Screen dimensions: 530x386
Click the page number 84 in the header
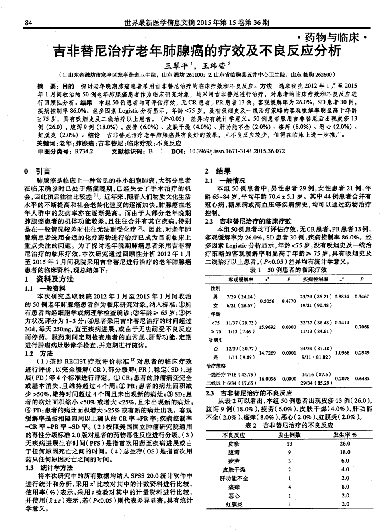click(28, 22)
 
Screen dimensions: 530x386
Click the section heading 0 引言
click(38, 171)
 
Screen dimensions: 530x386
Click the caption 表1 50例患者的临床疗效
click(287, 270)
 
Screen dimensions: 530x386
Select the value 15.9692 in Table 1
click(267, 326)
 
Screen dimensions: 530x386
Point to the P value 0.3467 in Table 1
click(361, 296)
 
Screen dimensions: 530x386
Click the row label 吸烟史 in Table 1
click(215, 340)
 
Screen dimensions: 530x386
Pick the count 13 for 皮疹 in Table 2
click(289, 444)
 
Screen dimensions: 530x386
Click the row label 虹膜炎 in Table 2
click(234, 504)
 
